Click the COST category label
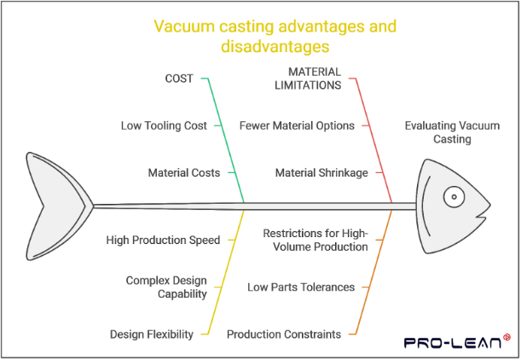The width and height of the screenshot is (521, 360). tap(179, 78)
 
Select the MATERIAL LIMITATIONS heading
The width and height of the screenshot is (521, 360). tap(308, 78)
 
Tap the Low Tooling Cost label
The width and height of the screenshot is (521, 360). tap(164, 125)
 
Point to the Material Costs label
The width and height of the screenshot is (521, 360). tap(184, 173)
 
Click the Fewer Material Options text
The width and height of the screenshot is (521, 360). tap(297, 125)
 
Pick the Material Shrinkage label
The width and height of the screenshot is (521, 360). tap(321, 173)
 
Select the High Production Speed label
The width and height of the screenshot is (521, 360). tap(163, 240)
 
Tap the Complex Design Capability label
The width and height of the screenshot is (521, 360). tap(166, 287)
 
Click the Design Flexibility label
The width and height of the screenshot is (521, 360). tap(152, 334)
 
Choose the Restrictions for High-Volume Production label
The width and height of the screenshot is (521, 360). tap(315, 240)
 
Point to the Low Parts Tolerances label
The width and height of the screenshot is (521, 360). tap(301, 287)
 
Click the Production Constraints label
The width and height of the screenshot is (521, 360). tap(284, 334)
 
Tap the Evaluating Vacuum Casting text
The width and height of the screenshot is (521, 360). tap(452, 132)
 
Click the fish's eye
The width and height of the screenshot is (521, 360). tap(454, 197)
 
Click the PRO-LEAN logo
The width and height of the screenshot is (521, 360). tap(457, 342)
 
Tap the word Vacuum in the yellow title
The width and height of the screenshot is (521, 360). tap(184, 26)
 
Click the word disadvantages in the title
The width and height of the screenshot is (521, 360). tap(275, 46)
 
